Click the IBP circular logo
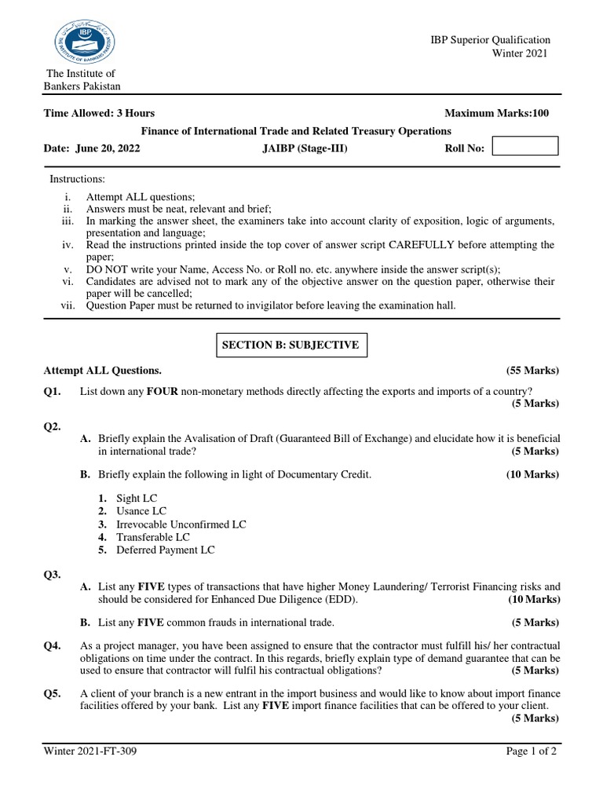(x=83, y=39)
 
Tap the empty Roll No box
(x=524, y=146)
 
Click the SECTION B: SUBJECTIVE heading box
(x=291, y=345)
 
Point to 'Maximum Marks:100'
(x=496, y=113)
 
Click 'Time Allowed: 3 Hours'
(x=99, y=113)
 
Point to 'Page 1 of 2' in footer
(x=532, y=751)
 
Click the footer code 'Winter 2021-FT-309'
(x=93, y=751)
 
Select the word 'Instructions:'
(x=78, y=180)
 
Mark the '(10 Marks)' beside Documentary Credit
(x=532, y=474)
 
